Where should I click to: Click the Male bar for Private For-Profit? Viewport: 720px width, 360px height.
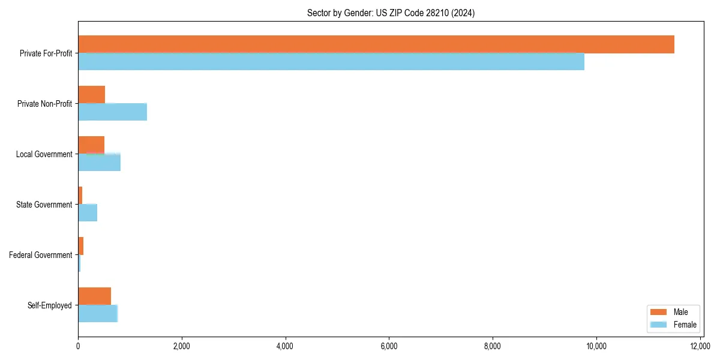pyautogui.click(x=376, y=44)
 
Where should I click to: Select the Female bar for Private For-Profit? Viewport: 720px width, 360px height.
pyautogui.click(x=331, y=62)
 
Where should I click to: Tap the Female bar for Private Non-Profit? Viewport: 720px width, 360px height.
pyautogui.click(x=113, y=112)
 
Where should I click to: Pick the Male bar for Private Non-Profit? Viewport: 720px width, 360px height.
pyautogui.click(x=92, y=95)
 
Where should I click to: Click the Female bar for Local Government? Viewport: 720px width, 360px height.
pyautogui.click(x=100, y=163)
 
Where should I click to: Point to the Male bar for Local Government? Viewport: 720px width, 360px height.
pyautogui.click(x=91, y=145)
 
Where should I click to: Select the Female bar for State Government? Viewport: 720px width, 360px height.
pyautogui.click(x=88, y=213)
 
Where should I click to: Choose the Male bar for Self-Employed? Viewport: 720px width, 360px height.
pyautogui.click(x=95, y=296)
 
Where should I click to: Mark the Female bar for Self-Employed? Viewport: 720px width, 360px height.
pyautogui.click(x=98, y=314)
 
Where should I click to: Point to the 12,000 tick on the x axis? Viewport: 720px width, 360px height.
pyautogui.click(x=700, y=346)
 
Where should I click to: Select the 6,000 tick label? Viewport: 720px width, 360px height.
pyautogui.click(x=389, y=346)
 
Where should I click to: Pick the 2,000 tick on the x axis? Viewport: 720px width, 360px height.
pyautogui.click(x=181, y=346)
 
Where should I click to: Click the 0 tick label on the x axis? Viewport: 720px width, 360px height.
pyautogui.click(x=78, y=346)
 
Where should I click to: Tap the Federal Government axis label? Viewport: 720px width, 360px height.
pyautogui.click(x=41, y=255)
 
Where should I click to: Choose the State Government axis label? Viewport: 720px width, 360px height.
pyautogui.click(x=44, y=205)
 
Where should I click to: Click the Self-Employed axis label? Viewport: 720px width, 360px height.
pyautogui.click(x=50, y=305)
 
